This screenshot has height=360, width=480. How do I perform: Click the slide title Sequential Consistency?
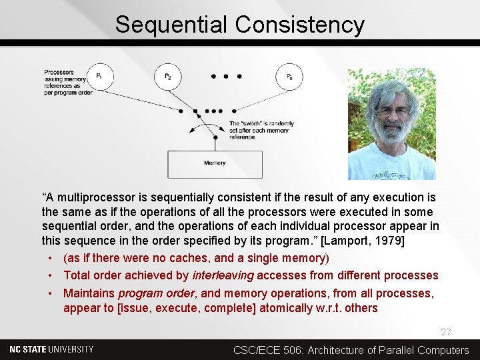pos(239,25)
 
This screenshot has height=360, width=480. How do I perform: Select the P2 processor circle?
pos(168,77)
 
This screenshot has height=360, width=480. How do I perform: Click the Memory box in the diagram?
pos(215,164)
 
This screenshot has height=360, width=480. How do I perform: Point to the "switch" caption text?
pos(261,131)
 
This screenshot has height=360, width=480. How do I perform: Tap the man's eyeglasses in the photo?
pos(391,111)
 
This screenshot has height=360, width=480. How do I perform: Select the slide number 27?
pos(446,332)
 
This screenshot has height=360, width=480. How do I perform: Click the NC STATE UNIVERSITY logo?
pos(52,349)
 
